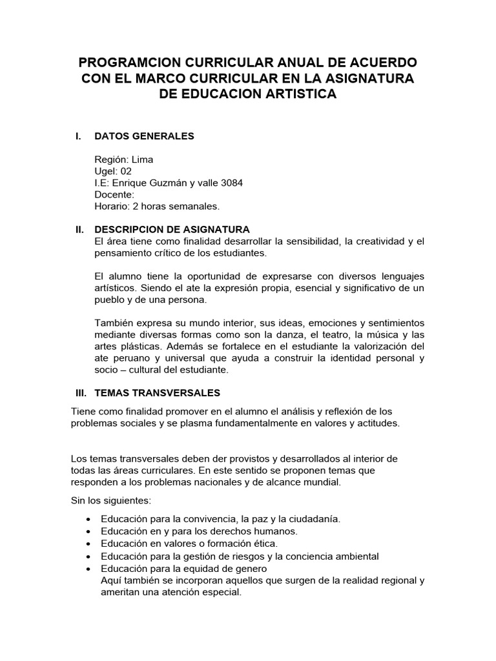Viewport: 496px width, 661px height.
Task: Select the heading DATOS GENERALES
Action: click(x=144, y=136)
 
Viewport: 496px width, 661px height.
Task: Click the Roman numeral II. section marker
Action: click(x=80, y=230)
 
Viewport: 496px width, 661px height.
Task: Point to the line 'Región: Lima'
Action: click(x=124, y=159)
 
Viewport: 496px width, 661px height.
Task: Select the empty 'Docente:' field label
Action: click(x=114, y=194)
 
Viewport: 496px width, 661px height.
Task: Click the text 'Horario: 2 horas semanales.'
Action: click(x=157, y=206)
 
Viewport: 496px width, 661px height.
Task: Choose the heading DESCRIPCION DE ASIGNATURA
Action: click(x=172, y=230)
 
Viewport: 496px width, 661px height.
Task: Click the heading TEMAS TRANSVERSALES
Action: click(x=158, y=392)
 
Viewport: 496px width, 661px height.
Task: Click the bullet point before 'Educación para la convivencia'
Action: click(x=88, y=520)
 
